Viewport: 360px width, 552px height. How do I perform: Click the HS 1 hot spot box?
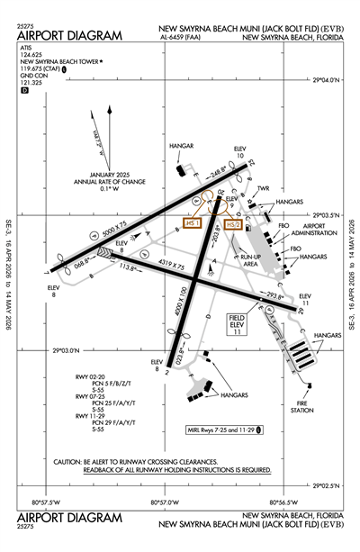coord(191,222)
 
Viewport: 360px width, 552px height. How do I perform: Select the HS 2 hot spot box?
coord(233,224)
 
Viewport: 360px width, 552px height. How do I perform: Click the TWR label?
coord(264,189)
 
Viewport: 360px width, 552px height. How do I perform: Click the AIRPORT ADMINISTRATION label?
coord(319,229)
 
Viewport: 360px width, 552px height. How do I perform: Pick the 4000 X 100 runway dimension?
coord(184,307)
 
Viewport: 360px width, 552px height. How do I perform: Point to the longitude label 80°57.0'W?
coord(164,502)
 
